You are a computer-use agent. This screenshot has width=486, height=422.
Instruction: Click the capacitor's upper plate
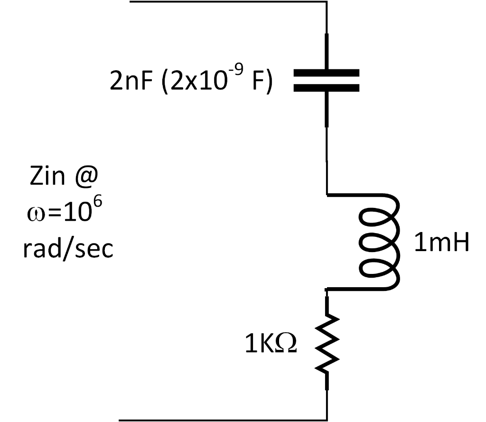coord(326,73)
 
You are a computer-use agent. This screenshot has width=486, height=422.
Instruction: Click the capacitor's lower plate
coord(326,87)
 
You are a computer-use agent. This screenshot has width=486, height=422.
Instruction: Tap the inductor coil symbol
coord(380,242)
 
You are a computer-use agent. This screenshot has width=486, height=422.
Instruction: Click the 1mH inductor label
coord(441,243)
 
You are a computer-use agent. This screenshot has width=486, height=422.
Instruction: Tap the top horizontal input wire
coord(228,1)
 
